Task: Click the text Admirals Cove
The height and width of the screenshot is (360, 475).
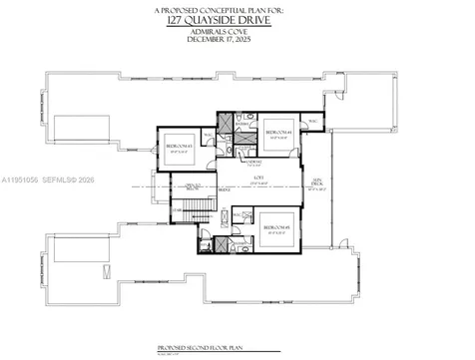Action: click(x=237, y=31)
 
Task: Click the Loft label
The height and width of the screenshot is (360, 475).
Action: click(x=256, y=176)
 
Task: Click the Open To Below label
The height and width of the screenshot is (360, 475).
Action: click(x=194, y=186)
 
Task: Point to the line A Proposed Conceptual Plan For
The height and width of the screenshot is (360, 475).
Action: click(x=237, y=9)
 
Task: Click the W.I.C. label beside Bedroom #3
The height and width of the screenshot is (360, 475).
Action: click(x=210, y=134)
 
